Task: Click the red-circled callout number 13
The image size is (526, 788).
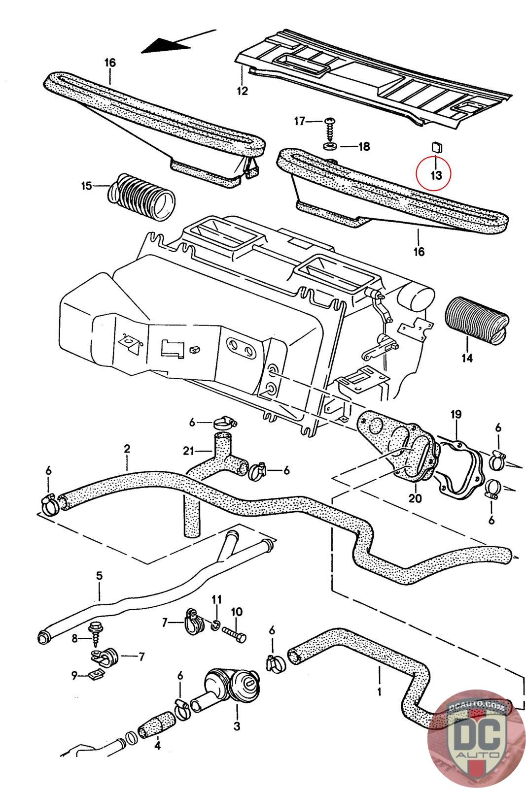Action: [436, 175]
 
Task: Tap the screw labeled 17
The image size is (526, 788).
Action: [330, 129]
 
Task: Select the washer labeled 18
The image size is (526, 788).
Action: [330, 145]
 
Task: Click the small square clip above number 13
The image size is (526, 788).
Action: [437, 147]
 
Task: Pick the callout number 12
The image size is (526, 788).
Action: [242, 91]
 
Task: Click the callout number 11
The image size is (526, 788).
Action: [216, 599]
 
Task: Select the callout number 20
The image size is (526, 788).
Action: [415, 498]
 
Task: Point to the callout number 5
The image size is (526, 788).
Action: [99, 576]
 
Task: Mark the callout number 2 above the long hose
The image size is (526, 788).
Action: [127, 449]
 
